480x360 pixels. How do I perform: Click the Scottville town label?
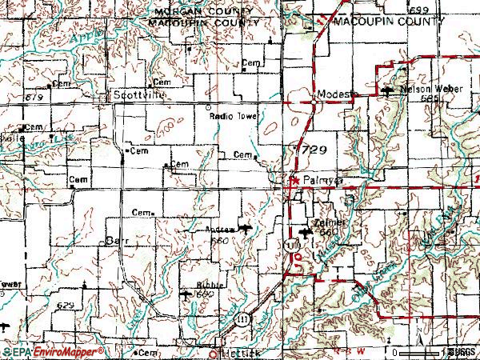tap(134, 95)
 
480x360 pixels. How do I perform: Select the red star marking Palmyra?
tap(294, 182)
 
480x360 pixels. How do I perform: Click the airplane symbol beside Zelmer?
tap(303, 233)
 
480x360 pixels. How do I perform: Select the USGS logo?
tap(462, 352)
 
